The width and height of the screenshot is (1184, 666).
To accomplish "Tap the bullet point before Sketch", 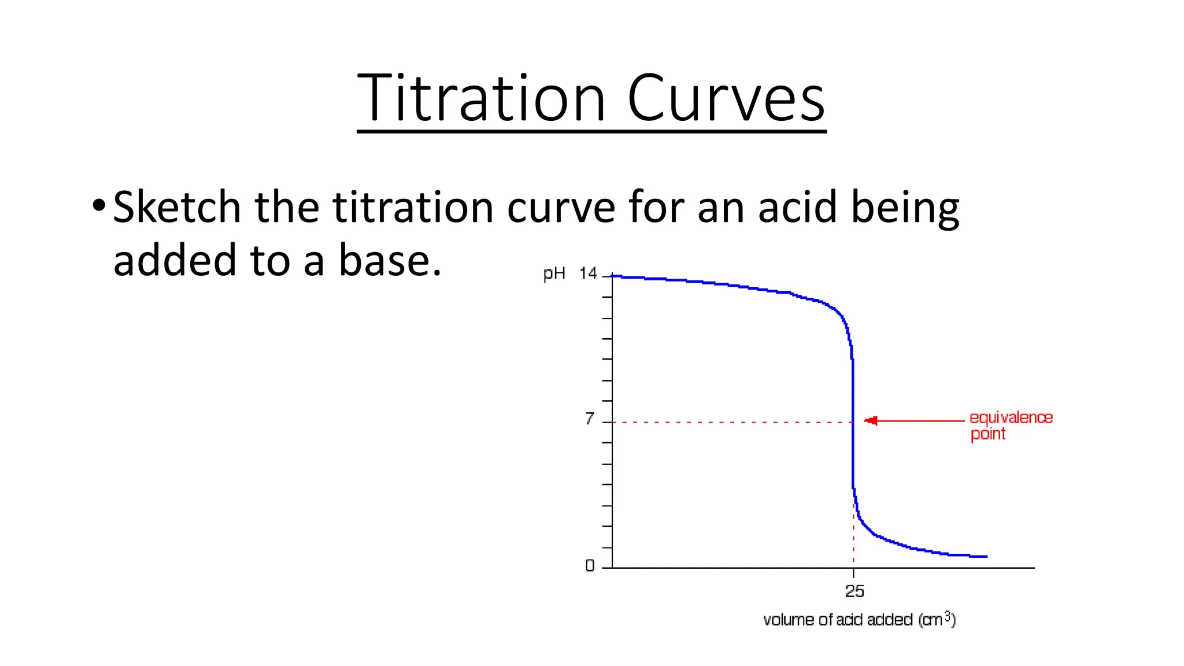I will [99, 205].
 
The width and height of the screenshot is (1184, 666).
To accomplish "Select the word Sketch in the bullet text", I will [177, 207].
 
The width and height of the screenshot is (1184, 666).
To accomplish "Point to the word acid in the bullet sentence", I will [797, 207].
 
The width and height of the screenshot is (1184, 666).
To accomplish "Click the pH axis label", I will [554, 273].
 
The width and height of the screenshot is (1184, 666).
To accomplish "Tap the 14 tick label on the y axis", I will [588, 273].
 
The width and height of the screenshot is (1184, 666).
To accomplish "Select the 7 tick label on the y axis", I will [589, 419].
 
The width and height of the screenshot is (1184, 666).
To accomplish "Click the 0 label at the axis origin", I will [590, 565].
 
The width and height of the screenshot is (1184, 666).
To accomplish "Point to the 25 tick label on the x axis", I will [854, 591].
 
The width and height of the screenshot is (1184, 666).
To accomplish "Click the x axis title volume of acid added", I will [859, 620].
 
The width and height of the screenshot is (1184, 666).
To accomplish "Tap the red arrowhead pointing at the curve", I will [871, 420].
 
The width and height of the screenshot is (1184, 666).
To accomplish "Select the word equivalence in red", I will [1011, 417].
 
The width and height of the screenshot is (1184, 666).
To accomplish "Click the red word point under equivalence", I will [987, 434].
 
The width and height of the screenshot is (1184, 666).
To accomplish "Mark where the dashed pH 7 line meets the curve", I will [853, 422].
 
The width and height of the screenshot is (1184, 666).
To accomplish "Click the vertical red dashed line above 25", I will [853, 538].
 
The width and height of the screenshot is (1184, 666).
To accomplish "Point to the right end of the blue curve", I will [986, 556].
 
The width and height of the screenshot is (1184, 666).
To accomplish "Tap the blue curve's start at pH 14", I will [613, 276].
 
